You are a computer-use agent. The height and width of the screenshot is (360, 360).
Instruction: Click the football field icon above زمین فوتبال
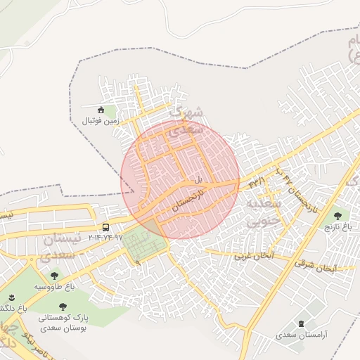click(101, 110)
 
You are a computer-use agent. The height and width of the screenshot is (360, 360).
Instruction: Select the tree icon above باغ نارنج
click(338, 216)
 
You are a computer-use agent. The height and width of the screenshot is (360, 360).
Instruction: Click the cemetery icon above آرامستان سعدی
click(302, 323)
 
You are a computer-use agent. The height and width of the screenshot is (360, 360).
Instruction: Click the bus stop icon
click(105, 227)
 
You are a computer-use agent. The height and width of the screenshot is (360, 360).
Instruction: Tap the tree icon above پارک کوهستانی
click(63, 307)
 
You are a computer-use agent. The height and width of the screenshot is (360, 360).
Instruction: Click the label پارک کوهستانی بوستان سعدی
click(63, 323)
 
